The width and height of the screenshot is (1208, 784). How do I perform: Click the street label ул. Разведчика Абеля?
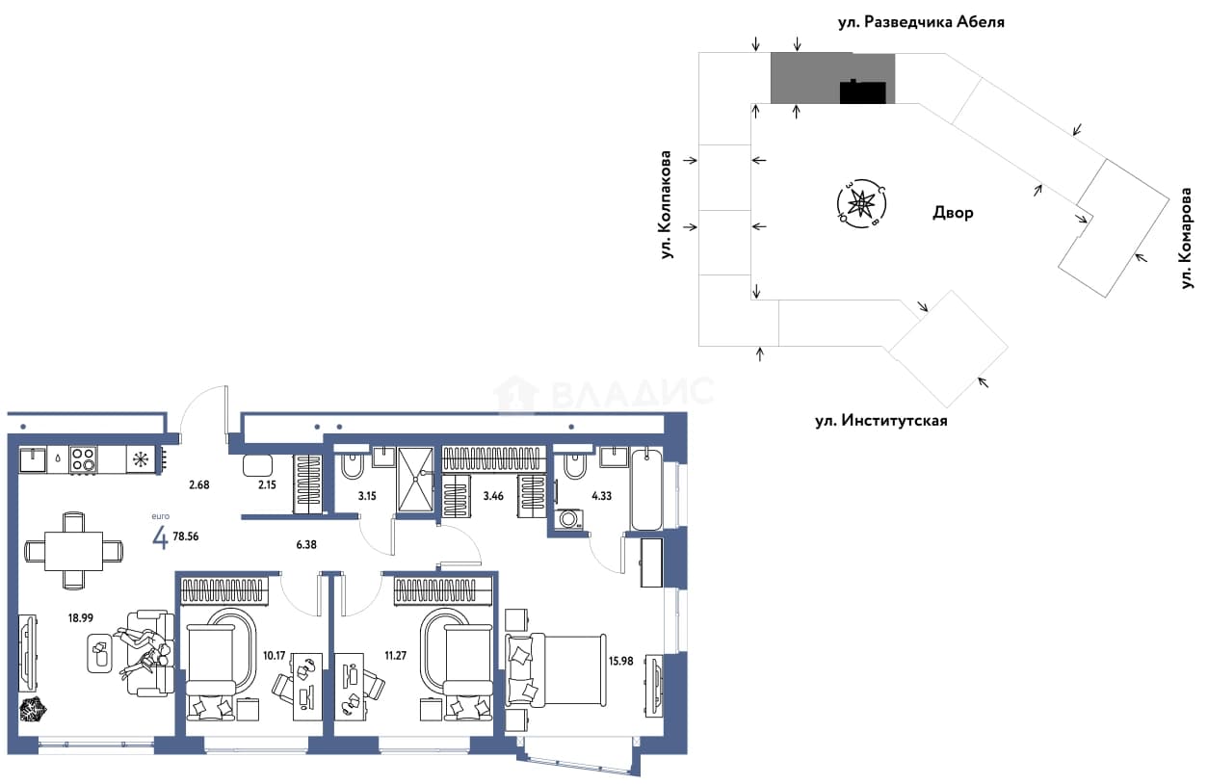click(921, 22)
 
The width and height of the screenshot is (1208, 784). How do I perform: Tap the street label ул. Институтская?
click(881, 420)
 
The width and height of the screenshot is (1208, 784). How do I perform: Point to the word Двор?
click(953, 213)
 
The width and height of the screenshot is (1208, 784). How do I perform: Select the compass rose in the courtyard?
click(861, 204)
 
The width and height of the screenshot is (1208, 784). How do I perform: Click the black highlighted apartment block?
click(863, 92)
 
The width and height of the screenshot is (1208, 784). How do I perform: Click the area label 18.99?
click(80, 618)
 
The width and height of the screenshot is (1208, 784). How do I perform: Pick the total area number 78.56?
click(186, 536)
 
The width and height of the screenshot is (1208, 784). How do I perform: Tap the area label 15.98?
click(620, 661)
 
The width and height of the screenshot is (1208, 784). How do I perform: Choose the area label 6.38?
click(306, 544)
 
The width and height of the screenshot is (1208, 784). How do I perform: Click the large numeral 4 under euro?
click(160, 537)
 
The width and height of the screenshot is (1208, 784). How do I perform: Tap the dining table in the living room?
click(74, 551)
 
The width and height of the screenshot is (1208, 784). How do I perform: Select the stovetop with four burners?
click(83, 460)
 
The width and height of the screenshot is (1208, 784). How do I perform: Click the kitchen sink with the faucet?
click(33, 460)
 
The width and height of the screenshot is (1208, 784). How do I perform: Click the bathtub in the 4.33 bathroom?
click(646, 489)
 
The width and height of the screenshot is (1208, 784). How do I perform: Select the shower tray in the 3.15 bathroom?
click(415, 479)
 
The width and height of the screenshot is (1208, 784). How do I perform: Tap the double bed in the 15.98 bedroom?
click(555, 670)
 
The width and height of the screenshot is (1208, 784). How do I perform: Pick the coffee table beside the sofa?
click(100, 653)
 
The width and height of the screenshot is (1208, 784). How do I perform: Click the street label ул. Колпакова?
click(667, 205)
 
